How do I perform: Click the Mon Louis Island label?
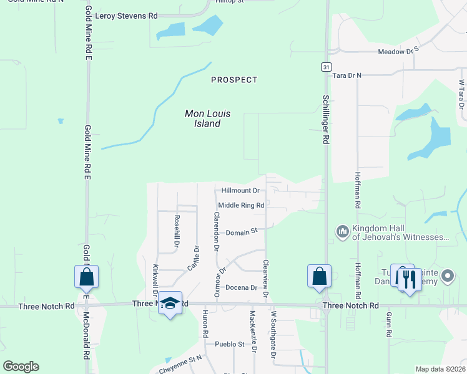[207, 118]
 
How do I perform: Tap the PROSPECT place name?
[234, 80]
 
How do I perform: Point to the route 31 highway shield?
[326, 66]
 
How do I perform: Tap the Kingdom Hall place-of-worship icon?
[342, 232]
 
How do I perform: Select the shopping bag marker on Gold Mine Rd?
[86, 277]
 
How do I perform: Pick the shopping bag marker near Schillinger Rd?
[319, 276]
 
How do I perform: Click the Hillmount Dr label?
[240, 190]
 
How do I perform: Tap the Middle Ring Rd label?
[241, 205]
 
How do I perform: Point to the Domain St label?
[242, 232]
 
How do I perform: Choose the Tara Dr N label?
[347, 75]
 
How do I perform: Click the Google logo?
[21, 367]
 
